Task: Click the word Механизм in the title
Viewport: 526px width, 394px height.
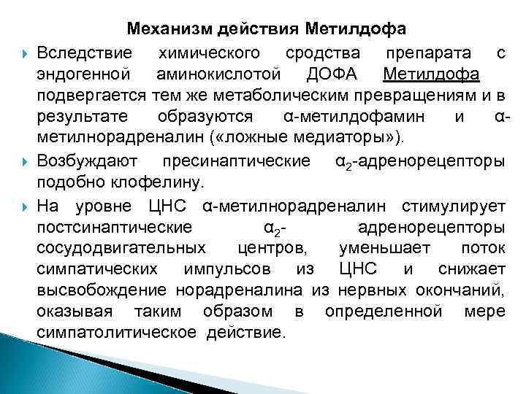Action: (169, 29)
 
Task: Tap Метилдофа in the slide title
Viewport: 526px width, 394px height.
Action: (357, 29)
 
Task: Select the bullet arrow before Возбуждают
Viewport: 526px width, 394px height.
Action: (26, 161)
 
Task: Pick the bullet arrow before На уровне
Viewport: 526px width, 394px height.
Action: (26, 204)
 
